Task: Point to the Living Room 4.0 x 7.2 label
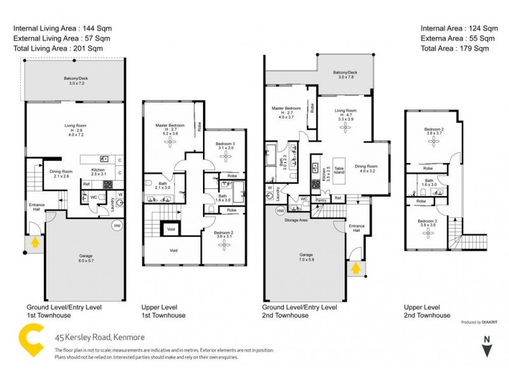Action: [x=76, y=129]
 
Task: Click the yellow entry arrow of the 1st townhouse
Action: [x=34, y=242]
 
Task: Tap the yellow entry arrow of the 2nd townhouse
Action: [x=355, y=269]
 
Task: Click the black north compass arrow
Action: [x=487, y=350]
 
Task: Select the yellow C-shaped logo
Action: [x=31, y=341]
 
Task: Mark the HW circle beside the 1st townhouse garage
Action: [x=116, y=225]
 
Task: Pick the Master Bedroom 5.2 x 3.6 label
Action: [x=170, y=129]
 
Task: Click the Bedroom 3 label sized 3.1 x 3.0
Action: [x=225, y=146]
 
